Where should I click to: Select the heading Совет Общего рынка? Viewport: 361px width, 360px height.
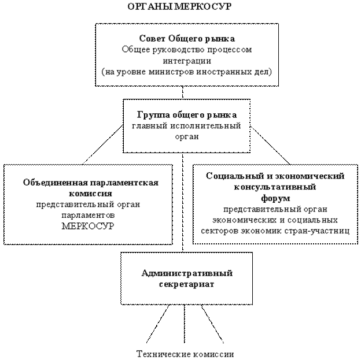(x=186, y=39)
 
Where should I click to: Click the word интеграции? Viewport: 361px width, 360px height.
(x=186, y=61)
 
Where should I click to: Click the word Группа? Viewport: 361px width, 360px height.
(x=152, y=115)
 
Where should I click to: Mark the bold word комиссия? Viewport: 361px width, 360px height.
(x=87, y=194)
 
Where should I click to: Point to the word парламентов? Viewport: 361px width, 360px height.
(x=88, y=215)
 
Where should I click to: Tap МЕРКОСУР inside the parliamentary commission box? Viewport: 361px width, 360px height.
(x=88, y=226)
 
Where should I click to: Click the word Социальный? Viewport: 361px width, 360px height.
(x=232, y=176)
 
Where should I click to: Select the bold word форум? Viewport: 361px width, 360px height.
(x=275, y=198)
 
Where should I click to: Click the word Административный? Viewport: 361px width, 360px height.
(x=186, y=273)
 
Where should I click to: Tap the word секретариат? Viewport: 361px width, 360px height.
(x=186, y=284)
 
